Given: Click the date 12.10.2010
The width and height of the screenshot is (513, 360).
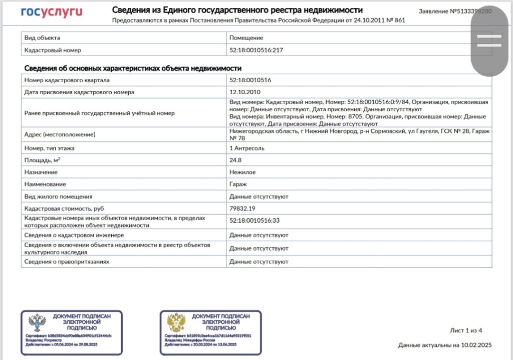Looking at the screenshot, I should tap(245, 92).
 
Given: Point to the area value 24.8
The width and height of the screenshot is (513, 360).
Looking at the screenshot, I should tap(235, 160).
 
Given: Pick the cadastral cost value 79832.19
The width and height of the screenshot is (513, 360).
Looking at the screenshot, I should tap(242, 208).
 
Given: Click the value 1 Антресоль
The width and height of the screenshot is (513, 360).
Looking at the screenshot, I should tap(247, 148).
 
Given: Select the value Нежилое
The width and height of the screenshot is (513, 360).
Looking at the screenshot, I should tap(242, 172).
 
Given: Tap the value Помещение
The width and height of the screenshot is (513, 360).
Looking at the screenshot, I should tap(246, 38).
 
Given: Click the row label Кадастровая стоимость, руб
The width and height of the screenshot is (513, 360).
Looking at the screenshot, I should tap(64, 208).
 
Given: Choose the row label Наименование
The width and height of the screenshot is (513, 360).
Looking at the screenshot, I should tap(45, 184).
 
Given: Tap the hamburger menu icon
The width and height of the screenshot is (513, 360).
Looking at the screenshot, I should tap(489, 41).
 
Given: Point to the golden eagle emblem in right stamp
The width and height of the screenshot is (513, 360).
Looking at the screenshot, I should tap(176, 323).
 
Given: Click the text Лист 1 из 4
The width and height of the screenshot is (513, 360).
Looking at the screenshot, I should tap(466, 330).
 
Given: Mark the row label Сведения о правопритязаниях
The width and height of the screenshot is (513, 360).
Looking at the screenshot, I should tap(67, 262).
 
